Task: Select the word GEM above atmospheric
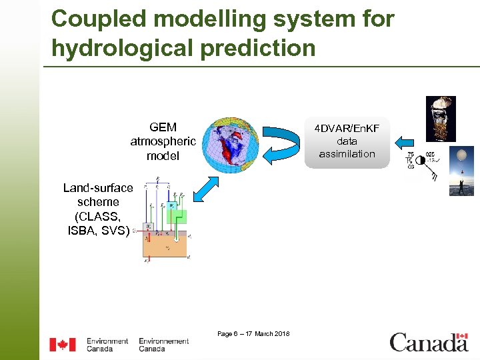[163, 127]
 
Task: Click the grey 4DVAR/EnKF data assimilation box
[347, 141]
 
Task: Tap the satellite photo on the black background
[440, 119]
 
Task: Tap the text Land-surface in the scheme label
[98, 188]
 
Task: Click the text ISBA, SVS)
[98, 231]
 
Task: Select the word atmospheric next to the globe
[163, 141]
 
